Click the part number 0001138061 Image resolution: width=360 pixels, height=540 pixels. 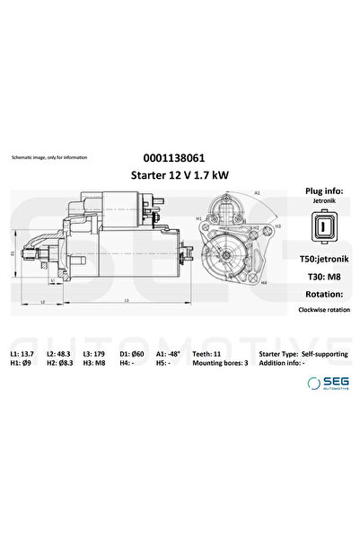coord(180,156)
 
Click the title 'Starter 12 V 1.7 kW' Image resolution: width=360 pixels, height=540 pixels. coord(180,174)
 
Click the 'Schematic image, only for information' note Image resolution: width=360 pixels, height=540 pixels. coord(49,157)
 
